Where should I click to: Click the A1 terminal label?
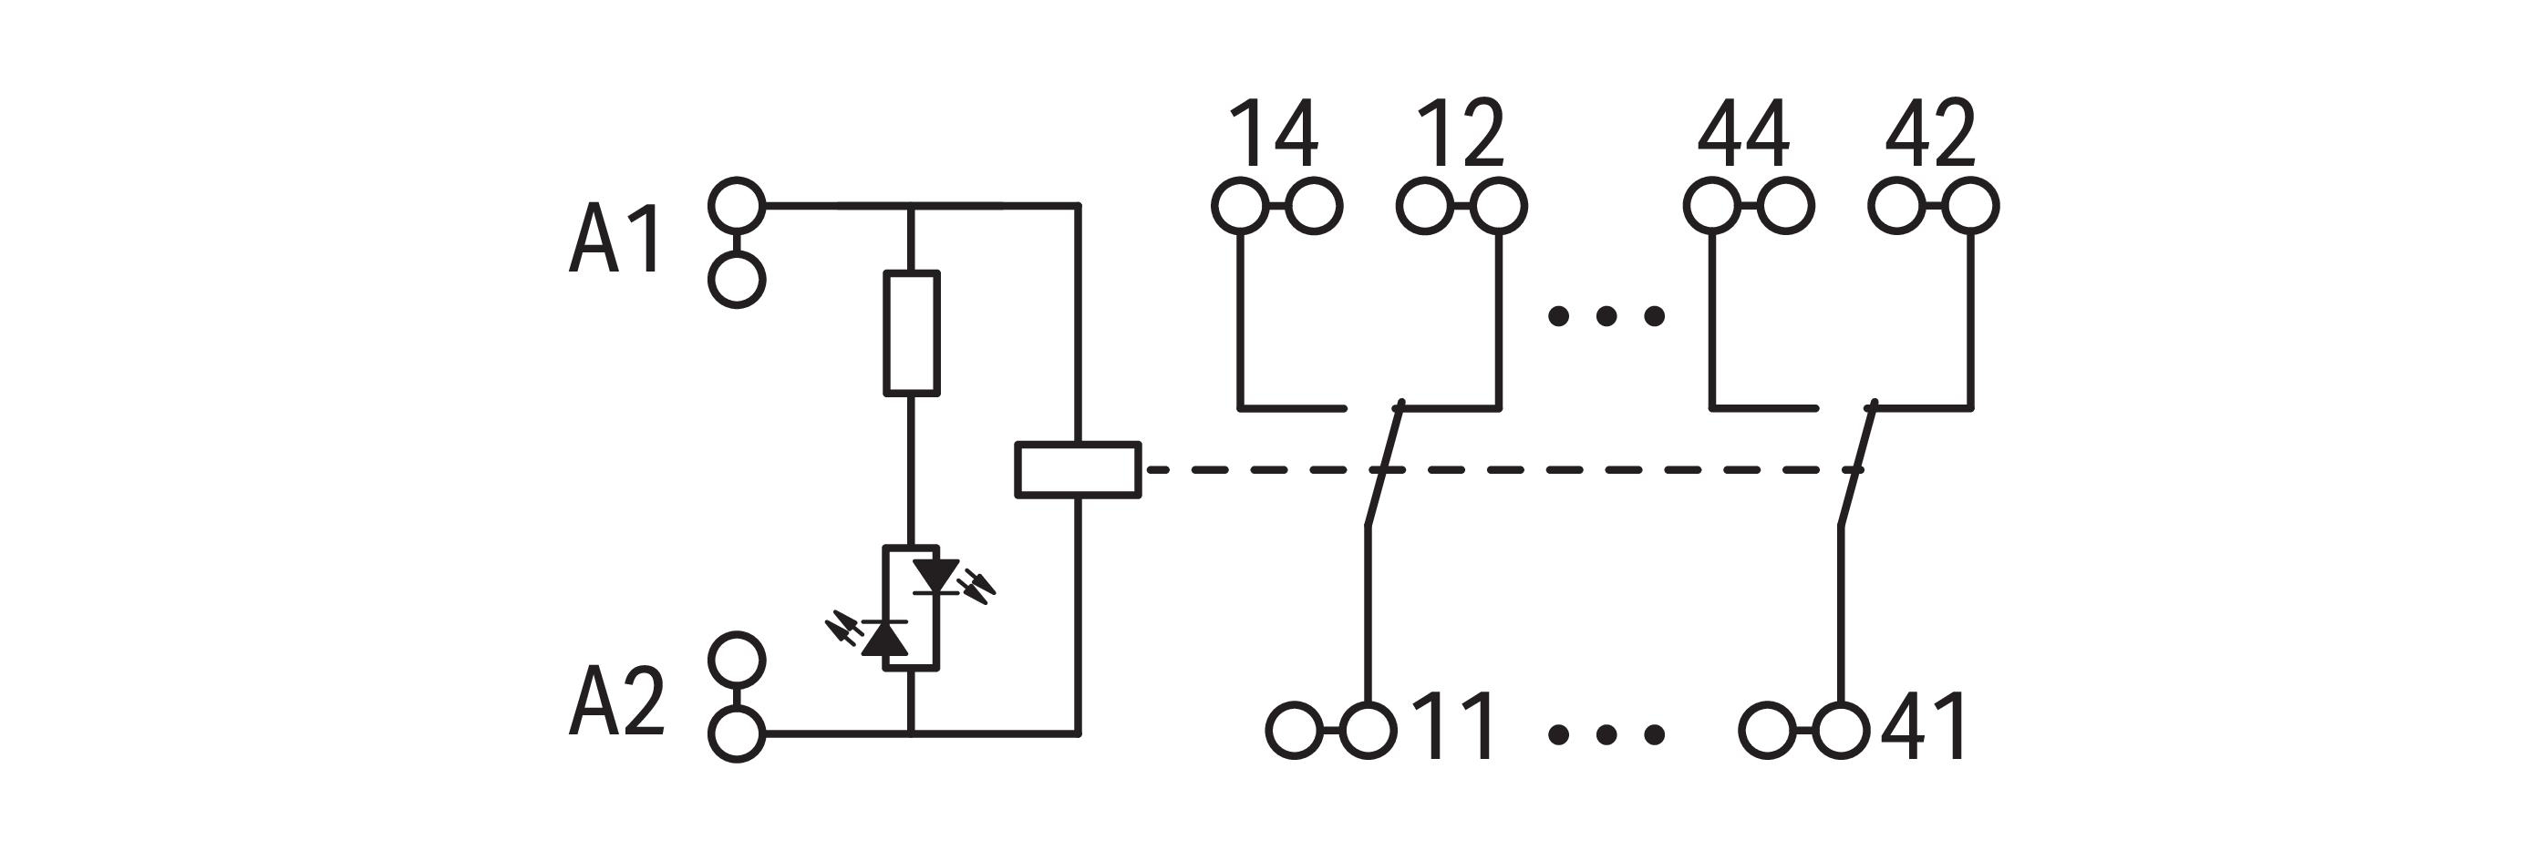pyautogui.click(x=615, y=239)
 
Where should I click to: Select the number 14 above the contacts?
pyautogui.click(x=1274, y=134)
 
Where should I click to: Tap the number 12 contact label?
pyautogui.click(x=1460, y=134)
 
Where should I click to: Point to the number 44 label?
pyautogui.click(x=1743, y=134)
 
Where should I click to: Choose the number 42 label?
pyautogui.click(x=1930, y=134)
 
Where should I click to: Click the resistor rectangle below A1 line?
pyautogui.click(x=911, y=333)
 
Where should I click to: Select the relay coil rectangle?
pyautogui.click(x=1079, y=469)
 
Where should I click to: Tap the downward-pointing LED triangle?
pyautogui.click(x=935, y=575)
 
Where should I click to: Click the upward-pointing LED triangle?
pyautogui.click(x=884, y=638)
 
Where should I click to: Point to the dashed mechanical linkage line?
pyautogui.click(x=1617, y=470)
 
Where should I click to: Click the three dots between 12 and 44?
pyautogui.click(x=1606, y=316)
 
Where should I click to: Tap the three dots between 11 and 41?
pyautogui.click(x=1606, y=733)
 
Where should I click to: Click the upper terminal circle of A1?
pyautogui.click(x=737, y=205)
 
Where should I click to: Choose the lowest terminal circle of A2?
pyautogui.click(x=737, y=733)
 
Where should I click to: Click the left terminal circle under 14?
pyautogui.click(x=1240, y=206)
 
